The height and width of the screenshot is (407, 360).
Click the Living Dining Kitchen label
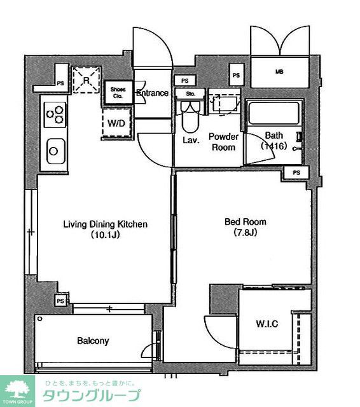tap(106, 224)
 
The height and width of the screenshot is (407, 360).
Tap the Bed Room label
tap(246, 222)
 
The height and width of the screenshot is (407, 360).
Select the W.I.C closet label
tap(267, 324)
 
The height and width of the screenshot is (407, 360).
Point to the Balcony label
tap(93, 341)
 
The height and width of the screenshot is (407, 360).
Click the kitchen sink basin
tap(56, 151)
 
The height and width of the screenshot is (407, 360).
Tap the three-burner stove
tap(55, 114)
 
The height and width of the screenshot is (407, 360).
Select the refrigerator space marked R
tap(86, 79)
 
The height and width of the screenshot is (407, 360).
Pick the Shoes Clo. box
tap(118, 92)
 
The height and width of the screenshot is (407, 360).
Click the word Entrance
tap(153, 93)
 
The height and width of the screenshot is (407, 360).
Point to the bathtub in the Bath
tap(274, 113)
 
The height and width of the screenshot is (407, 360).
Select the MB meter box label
tap(279, 72)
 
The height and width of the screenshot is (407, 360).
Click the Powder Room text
tap(223, 142)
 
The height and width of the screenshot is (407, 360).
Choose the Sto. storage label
tap(191, 93)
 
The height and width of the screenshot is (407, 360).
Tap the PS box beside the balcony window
tap(60, 301)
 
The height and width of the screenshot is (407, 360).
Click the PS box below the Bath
tap(296, 172)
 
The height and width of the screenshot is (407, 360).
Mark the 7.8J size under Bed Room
tap(246, 232)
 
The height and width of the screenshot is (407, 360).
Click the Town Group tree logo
tap(17, 390)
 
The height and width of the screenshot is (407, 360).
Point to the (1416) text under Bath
tap(274, 146)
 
